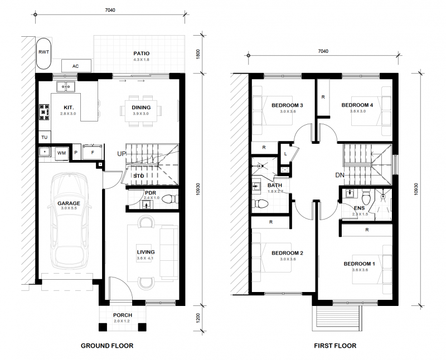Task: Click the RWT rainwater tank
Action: [43, 53]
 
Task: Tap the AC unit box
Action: [76, 66]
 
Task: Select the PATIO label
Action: [142, 53]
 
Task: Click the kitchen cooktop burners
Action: [45, 113]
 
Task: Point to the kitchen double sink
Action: [66, 86]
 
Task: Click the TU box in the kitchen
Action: [45, 137]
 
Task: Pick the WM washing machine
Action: [61, 153]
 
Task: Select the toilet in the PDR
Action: [170, 198]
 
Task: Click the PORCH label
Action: [123, 315]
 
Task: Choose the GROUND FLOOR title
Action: [107, 346]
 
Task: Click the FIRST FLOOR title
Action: [335, 346]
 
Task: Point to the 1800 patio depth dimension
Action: [198, 54]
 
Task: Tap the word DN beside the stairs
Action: [340, 175]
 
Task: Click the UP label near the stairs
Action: [122, 154]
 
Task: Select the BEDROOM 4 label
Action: [357, 105]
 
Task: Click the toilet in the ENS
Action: [366, 197]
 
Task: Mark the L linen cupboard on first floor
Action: [285, 154]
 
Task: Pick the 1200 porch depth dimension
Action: [198, 318]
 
